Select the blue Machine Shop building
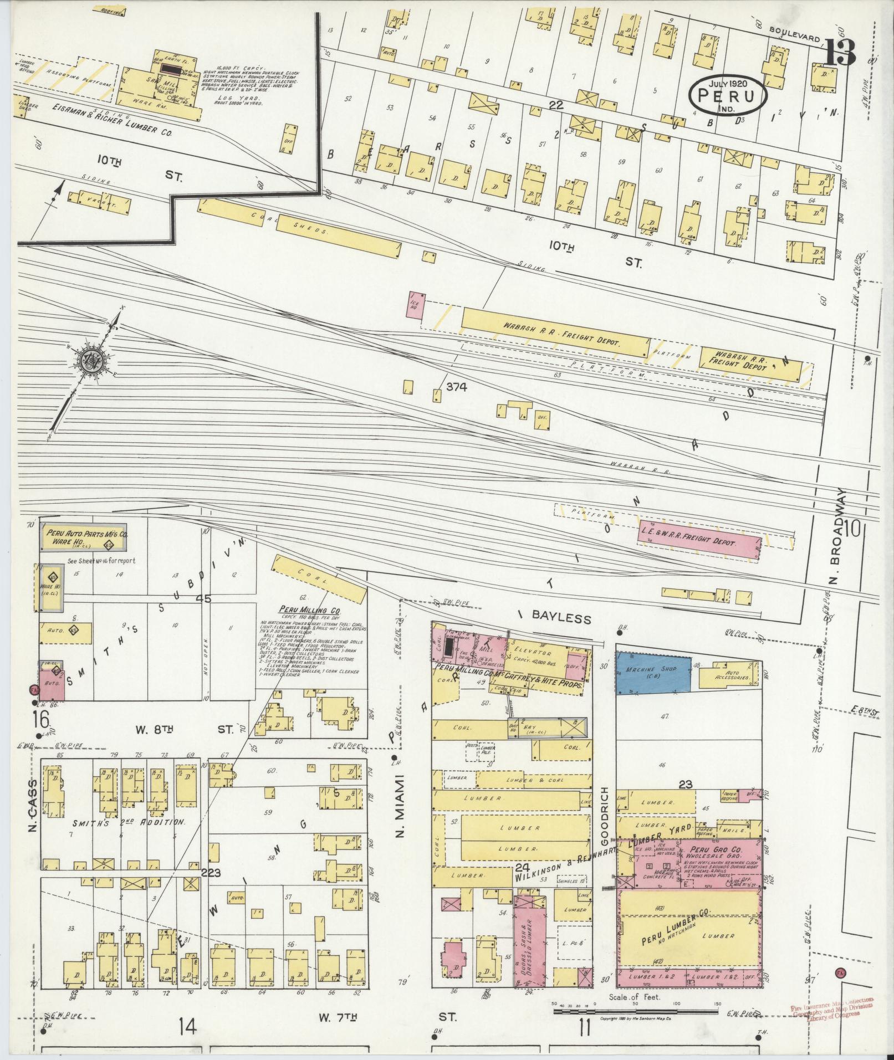[654, 674]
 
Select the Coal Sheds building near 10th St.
[299, 228]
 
